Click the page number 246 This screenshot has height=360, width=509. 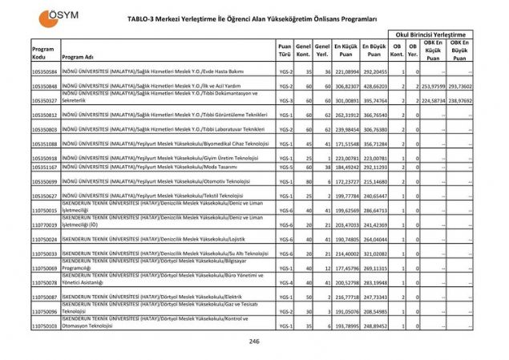254,342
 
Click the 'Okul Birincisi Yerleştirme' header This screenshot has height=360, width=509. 430,34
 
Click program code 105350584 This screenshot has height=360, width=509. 45,71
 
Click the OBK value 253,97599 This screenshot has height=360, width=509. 438,85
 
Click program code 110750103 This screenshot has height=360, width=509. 45,326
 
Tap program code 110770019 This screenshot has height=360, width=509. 45,224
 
